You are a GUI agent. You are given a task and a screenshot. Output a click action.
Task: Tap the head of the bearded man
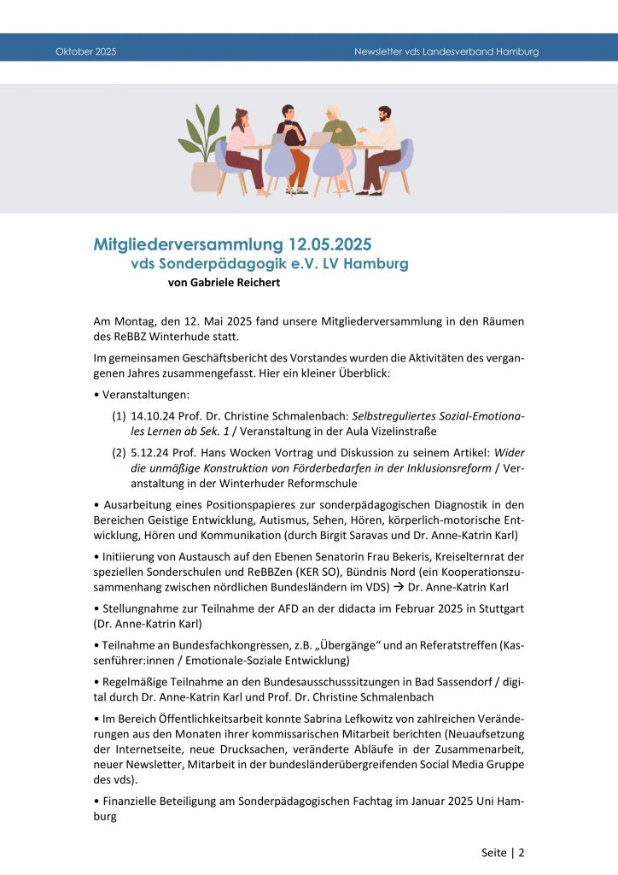coord(384,115)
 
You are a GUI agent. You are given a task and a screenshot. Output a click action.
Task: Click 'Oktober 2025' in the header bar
coord(86,52)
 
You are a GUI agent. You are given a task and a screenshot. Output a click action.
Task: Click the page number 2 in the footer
coord(522,852)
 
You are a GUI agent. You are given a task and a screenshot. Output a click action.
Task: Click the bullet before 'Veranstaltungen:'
coord(96,396)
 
